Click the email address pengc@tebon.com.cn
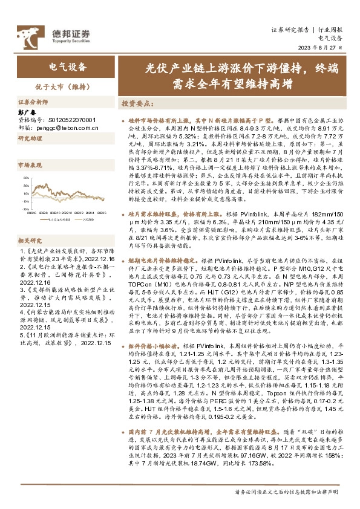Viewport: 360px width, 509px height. (65, 128)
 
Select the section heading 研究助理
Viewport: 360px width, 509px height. (31, 138)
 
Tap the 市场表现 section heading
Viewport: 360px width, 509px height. (31, 164)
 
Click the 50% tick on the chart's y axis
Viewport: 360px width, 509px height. (27, 177)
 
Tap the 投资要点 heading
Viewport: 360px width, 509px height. (139, 103)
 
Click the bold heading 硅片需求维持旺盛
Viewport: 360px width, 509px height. (157, 197)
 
